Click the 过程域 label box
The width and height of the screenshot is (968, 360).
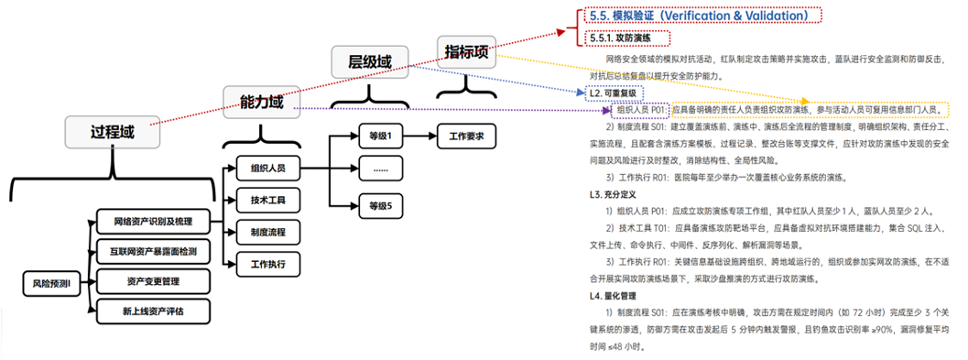click(x=114, y=131)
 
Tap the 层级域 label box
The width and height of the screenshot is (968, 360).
click(x=370, y=61)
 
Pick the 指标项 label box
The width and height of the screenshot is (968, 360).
click(x=467, y=51)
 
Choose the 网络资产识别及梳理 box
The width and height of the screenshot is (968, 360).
click(x=153, y=222)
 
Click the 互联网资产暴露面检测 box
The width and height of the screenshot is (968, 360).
click(x=153, y=251)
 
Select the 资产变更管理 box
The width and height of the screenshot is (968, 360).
click(x=153, y=280)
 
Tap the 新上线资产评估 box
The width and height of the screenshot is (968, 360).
click(x=153, y=311)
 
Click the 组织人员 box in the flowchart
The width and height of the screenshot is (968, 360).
click(x=261, y=169)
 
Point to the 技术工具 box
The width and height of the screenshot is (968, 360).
click(x=261, y=201)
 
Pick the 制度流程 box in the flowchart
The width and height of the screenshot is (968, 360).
click(x=261, y=232)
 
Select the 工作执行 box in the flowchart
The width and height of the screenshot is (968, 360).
click(x=261, y=264)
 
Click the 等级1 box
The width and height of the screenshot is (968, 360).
click(x=379, y=136)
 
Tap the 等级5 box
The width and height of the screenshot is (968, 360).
click(x=379, y=205)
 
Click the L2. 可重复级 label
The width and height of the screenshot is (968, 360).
click(x=614, y=93)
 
